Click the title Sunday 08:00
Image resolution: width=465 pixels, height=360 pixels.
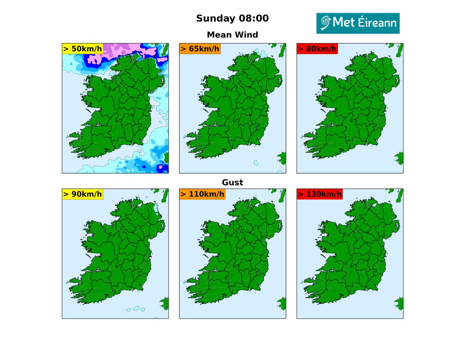coord(232,18)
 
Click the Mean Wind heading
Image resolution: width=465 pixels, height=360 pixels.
coord(232,34)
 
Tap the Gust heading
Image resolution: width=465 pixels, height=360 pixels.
coord(232,182)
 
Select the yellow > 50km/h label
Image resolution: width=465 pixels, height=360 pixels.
coord(83,48)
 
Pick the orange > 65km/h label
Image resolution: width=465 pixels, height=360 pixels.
coord(200,48)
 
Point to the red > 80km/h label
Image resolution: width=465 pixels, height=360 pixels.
coord(317,48)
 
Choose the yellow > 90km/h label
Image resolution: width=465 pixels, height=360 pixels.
coord(83,194)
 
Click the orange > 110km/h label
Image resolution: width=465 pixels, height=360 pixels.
coord(202,194)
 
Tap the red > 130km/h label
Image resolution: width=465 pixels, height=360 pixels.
coord(320,194)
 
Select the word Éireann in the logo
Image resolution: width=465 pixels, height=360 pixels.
coord(375,23)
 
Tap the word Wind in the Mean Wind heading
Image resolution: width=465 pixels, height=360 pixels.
coord(247,34)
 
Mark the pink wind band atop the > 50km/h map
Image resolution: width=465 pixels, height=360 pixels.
coord(116,50)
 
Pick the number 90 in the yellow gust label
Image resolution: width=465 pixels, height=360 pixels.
coord(76,194)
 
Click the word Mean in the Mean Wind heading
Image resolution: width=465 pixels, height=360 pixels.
coord(220,34)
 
